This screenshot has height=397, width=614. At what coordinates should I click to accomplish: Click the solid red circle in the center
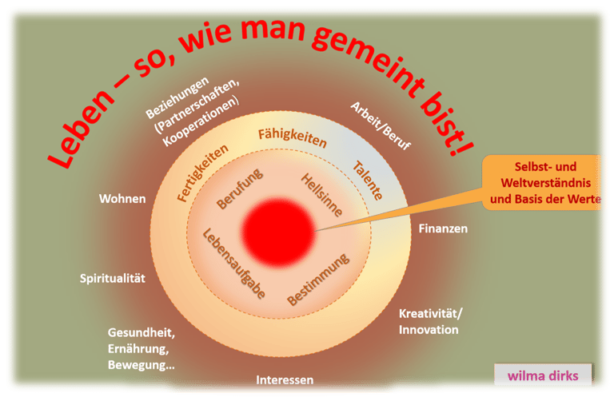279,232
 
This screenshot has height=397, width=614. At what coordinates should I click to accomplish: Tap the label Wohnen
122,199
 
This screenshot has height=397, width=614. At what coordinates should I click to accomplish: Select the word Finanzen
443,228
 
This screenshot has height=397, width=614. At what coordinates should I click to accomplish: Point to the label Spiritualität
113,278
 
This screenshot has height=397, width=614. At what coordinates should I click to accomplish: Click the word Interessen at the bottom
285,379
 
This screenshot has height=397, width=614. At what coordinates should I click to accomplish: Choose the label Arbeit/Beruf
381,125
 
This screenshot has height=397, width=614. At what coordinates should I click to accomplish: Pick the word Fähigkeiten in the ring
292,137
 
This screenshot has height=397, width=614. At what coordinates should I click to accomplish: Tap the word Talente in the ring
367,181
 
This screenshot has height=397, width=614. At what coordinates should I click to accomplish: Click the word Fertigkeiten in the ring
202,173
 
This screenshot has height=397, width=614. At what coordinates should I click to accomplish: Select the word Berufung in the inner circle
240,189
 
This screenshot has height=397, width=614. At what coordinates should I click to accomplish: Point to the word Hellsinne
321,195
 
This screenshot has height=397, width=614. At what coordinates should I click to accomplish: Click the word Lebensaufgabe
233,264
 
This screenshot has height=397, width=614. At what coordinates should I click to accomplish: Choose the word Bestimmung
318,280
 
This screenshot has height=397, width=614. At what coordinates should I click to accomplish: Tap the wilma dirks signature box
543,375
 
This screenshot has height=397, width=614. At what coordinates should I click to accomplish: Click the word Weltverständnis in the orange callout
545,183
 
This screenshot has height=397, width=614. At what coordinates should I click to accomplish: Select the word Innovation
429,330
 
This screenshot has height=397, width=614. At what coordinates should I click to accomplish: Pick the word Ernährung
138,348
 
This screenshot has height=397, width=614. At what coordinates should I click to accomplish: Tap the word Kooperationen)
200,121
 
